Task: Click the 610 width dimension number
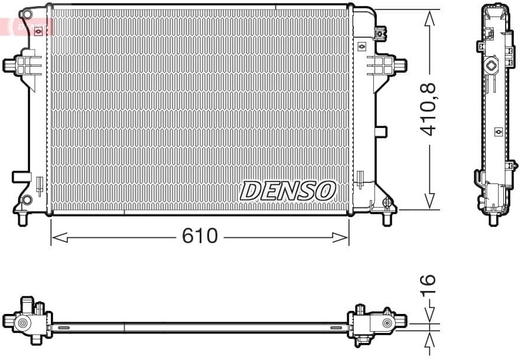click(x=200, y=237)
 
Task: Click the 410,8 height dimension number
click(x=429, y=110)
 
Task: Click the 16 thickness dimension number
click(x=429, y=284)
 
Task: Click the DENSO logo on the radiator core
click(x=288, y=191)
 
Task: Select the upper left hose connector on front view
click(x=11, y=64)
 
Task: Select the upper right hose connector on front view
click(x=399, y=64)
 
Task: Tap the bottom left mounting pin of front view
click(x=24, y=218)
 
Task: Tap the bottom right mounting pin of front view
click(x=388, y=218)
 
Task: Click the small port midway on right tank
click(x=381, y=132)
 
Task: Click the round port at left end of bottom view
click(x=22, y=323)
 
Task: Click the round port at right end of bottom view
click(x=388, y=323)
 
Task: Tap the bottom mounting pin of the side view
click(x=493, y=219)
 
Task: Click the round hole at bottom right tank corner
click(x=388, y=202)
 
